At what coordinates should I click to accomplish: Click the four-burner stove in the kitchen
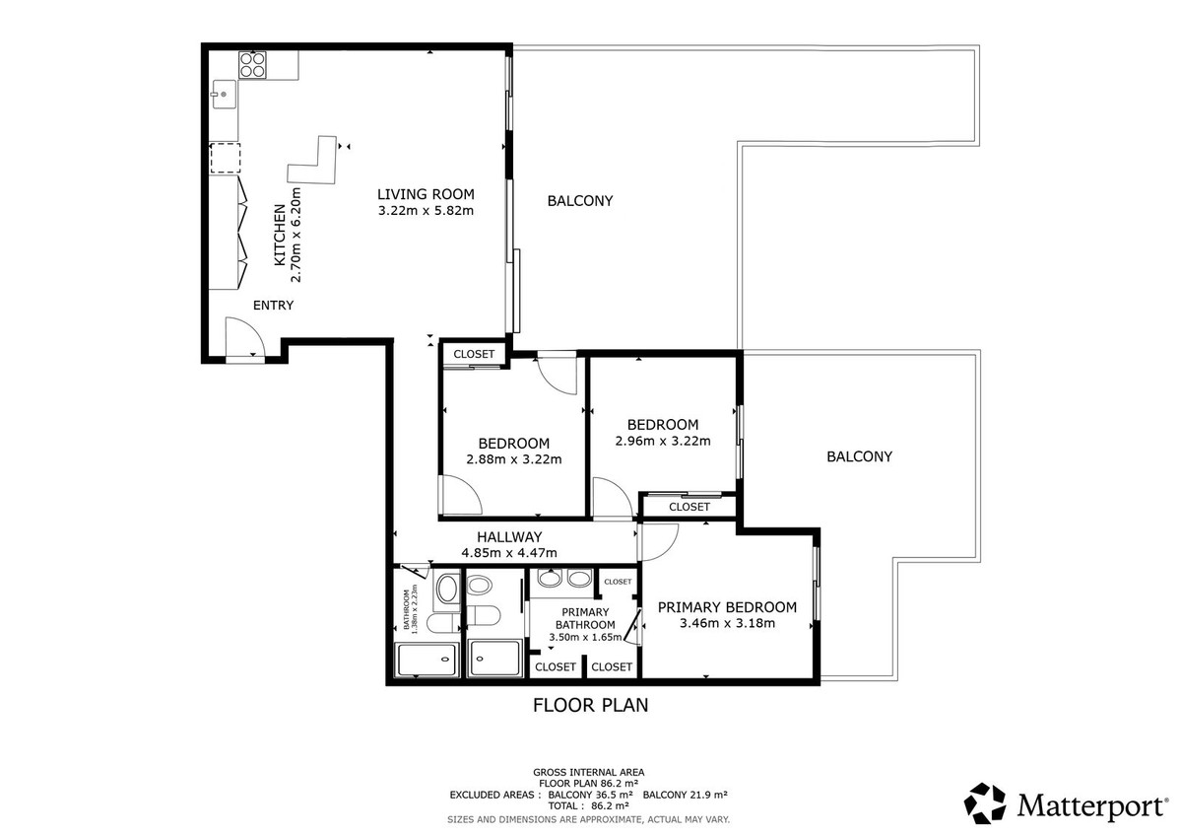tap(252, 65)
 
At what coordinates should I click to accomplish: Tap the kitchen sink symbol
tap(225, 95)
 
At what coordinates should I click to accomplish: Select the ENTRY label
tap(274, 306)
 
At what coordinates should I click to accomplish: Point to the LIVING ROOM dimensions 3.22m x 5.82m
tap(426, 211)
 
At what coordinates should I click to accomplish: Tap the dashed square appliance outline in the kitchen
tap(226, 158)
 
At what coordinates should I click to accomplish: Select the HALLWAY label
tap(509, 537)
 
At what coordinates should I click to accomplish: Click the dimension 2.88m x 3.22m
tap(514, 459)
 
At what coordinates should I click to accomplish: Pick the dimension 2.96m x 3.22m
tap(663, 441)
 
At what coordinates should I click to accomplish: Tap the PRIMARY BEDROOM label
tap(727, 607)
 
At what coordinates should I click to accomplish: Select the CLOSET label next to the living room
tap(474, 354)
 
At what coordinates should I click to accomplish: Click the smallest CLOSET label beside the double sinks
tap(618, 582)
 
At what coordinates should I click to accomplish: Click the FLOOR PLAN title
tap(590, 706)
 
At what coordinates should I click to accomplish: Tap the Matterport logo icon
tap(985, 803)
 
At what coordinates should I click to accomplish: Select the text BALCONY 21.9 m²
tap(686, 795)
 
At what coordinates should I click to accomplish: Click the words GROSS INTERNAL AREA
tap(588, 772)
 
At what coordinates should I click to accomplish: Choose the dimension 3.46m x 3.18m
tap(727, 623)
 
